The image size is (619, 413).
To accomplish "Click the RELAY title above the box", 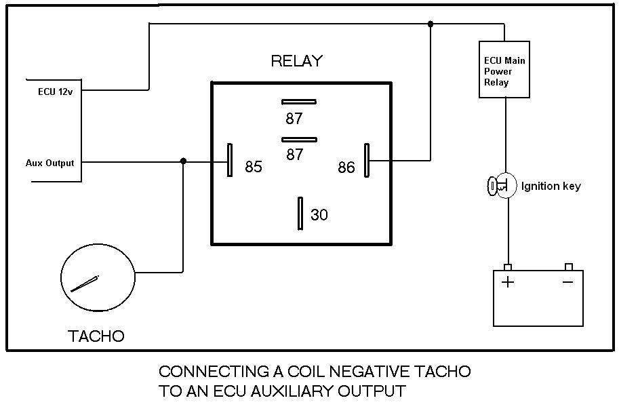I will pyautogui.click(x=297, y=61).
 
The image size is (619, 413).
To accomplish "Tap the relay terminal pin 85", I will pyautogui.click(x=230, y=161).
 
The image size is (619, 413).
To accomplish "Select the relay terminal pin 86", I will pyautogui.click(x=367, y=161).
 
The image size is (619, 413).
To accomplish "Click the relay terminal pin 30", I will pyautogui.click(x=300, y=214).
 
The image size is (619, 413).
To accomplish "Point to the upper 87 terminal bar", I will pyautogui.click(x=299, y=102).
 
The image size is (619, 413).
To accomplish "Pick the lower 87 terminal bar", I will pyautogui.click(x=299, y=139).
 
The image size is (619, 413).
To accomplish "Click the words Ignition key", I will pyautogui.click(x=551, y=186).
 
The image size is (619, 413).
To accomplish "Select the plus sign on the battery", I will pyautogui.click(x=507, y=281).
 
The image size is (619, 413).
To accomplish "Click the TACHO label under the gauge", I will pyautogui.click(x=96, y=336).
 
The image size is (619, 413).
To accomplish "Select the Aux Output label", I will pyautogui.click(x=49, y=163).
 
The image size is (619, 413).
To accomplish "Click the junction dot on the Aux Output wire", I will pyautogui.click(x=183, y=161).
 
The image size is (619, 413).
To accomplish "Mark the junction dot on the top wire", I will pyautogui.click(x=430, y=24).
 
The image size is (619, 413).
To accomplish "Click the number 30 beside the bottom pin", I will pyautogui.click(x=319, y=214).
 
